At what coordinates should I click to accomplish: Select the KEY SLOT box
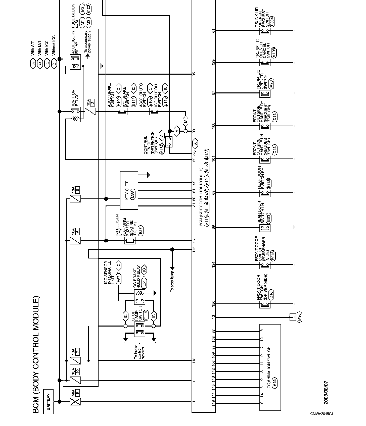click(129, 190)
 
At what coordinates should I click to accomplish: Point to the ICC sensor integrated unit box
click(113, 293)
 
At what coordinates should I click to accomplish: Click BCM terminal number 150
click(214, 304)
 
